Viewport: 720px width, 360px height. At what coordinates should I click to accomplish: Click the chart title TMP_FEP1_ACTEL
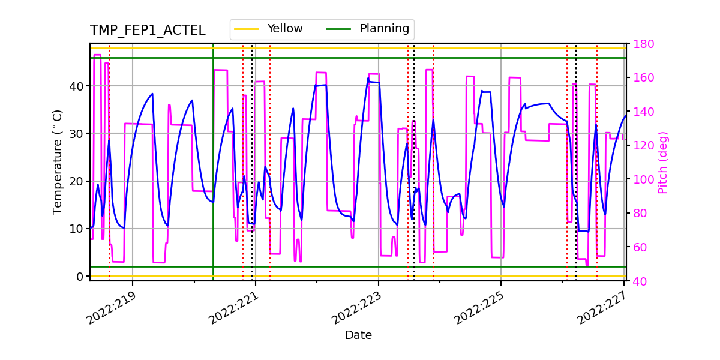click(x=148, y=31)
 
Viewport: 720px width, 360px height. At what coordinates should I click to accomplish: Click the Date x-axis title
click(x=358, y=335)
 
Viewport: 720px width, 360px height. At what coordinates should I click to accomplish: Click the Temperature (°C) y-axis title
click(x=58, y=161)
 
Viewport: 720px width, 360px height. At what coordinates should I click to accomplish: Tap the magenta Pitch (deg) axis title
click(x=662, y=162)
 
